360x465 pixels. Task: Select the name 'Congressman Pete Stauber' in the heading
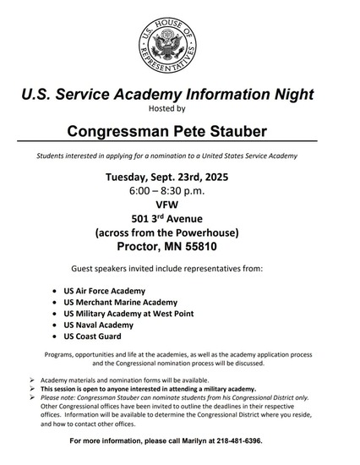(x=179, y=130)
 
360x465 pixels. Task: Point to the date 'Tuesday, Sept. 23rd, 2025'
(x=179, y=178)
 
